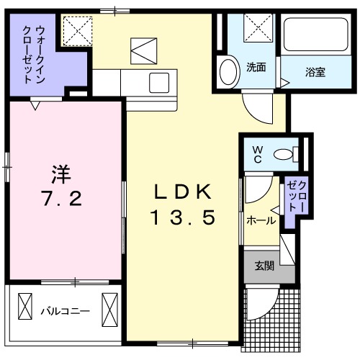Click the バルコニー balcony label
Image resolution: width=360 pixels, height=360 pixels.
(x=64, y=312)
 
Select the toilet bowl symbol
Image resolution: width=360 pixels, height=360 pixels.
(x=289, y=152)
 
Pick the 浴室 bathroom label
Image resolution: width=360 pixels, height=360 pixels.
(x=315, y=71)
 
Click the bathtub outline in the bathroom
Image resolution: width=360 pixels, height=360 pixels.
(x=312, y=35)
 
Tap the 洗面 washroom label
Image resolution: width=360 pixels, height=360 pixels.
(x=256, y=68)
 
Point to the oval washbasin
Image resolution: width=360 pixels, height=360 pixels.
(x=228, y=72)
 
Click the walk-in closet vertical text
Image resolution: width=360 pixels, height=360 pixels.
(x=32, y=54)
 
